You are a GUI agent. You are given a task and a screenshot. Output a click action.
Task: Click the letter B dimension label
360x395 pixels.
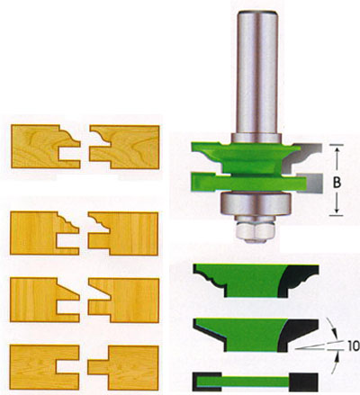click(x=337, y=182)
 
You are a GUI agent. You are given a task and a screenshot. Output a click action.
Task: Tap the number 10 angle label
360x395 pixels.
click(x=354, y=346)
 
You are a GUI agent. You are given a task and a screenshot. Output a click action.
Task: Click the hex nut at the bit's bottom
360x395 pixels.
click(x=256, y=231)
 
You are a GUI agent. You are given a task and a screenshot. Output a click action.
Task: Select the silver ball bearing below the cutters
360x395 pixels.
click(x=256, y=203)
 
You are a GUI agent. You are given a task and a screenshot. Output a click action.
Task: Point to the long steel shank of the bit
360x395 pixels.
click(x=256, y=74)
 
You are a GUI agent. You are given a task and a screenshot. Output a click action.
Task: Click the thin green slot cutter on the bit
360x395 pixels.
click(x=249, y=183)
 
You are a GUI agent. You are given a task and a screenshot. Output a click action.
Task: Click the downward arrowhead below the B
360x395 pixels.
click(x=337, y=211)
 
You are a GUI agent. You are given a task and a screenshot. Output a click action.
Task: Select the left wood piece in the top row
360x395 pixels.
click(x=42, y=147)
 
